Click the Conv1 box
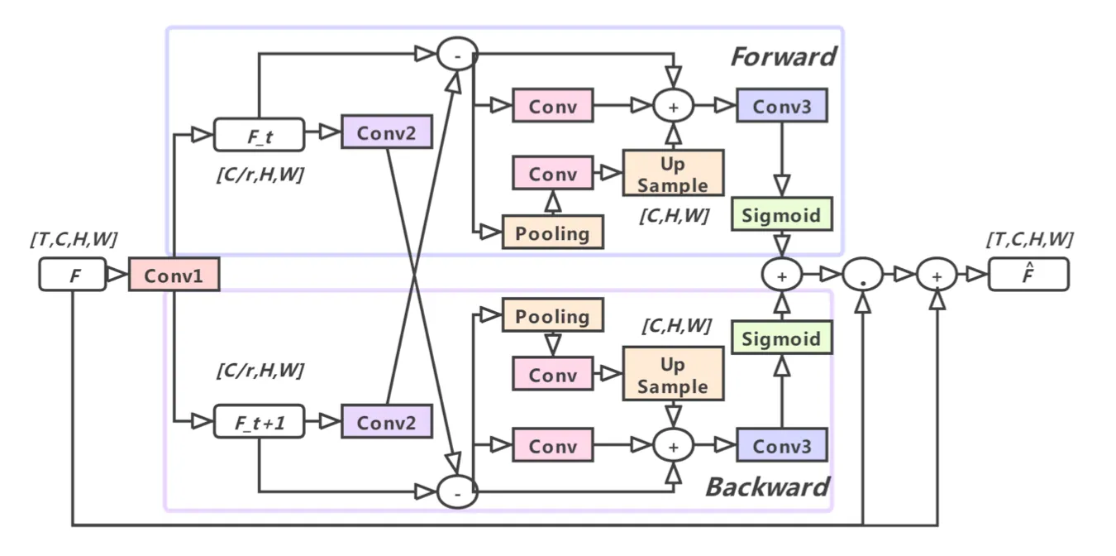[x=174, y=276]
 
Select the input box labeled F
[x=73, y=275]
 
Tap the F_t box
[x=259, y=135]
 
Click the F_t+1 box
[x=259, y=422]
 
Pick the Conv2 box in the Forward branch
[x=387, y=132]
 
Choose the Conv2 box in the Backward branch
[x=387, y=422]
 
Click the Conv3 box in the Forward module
[x=782, y=106]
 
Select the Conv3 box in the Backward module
[x=782, y=446]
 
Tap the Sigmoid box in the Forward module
[x=781, y=215]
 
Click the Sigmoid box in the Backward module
[x=781, y=338]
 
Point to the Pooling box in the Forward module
[x=553, y=233]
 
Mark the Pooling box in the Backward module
[x=553, y=316]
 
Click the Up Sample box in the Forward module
[x=673, y=174]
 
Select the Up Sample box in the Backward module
[x=673, y=375]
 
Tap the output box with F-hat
[x=1028, y=275]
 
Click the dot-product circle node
[x=863, y=275]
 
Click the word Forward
[x=783, y=56]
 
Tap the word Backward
[x=767, y=486]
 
